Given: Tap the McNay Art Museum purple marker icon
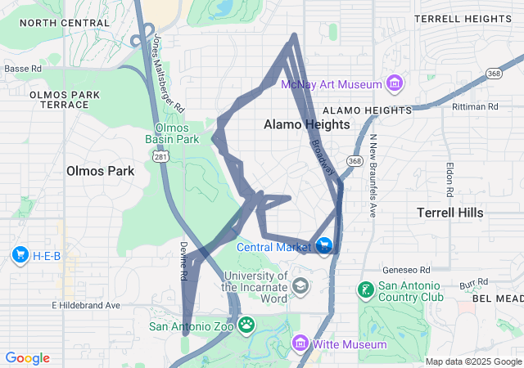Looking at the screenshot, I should pyautogui.click(x=395, y=83).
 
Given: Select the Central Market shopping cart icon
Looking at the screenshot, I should pyautogui.click(x=324, y=245).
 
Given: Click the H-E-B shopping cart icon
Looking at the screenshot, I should pyautogui.click(x=20, y=256).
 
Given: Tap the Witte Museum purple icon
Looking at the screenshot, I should pyautogui.click(x=300, y=344).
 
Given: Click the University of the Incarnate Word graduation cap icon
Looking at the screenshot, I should pyautogui.click(x=300, y=285).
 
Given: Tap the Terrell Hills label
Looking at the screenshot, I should pyautogui.click(x=449, y=213).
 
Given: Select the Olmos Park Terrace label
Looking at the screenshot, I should pyautogui.click(x=64, y=101).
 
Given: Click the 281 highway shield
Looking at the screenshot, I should pyautogui.click(x=161, y=156).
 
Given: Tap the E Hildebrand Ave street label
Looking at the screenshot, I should pyautogui.click(x=85, y=306).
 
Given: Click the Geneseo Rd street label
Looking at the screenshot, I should pyautogui.click(x=406, y=270).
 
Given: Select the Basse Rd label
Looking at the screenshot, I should pyautogui.click(x=22, y=70).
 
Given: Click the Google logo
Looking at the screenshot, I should pyautogui.click(x=27, y=358).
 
